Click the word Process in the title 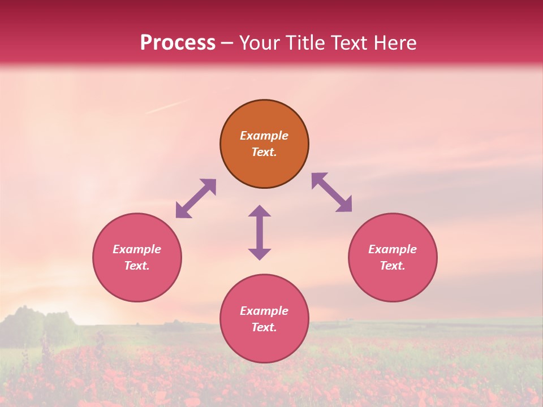pyautogui.click(x=178, y=43)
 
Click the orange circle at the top pyautogui.click(x=264, y=144)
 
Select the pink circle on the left pyautogui.click(x=137, y=257)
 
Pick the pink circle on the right pyautogui.click(x=393, y=257)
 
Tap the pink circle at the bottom pyautogui.click(x=264, y=318)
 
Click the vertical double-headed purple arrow pyautogui.click(x=260, y=232)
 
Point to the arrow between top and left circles pyautogui.click(x=196, y=198)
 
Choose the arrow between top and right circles pyautogui.click(x=332, y=192)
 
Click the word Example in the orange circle pyautogui.click(x=264, y=136)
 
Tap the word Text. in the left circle pyautogui.click(x=137, y=266)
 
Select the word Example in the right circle pyautogui.click(x=393, y=249)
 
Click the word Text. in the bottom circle pyautogui.click(x=264, y=327)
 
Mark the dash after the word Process pyautogui.click(x=227, y=43)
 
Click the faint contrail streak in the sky pyautogui.click(x=166, y=107)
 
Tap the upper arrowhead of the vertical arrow pyautogui.click(x=260, y=211)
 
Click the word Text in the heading pyautogui.click(x=349, y=43)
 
